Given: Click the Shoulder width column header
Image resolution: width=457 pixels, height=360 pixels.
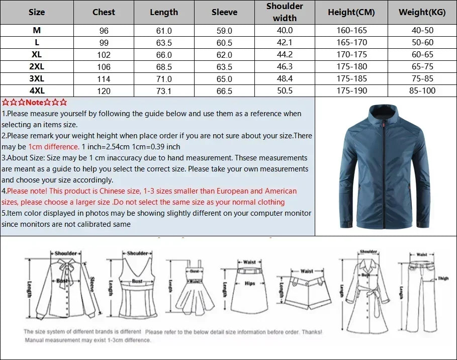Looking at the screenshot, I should pyautogui.click(x=285, y=12).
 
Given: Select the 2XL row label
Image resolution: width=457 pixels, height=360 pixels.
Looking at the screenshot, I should pyautogui.click(x=37, y=66).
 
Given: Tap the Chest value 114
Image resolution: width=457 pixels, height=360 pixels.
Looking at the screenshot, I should pyautogui.click(x=104, y=79).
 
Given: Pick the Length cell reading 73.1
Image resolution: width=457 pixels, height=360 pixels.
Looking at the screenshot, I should pyautogui.click(x=164, y=91).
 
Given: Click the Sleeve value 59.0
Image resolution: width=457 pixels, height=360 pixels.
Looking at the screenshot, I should pyautogui.click(x=224, y=31).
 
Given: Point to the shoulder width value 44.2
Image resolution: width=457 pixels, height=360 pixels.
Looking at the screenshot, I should pyautogui.click(x=285, y=55).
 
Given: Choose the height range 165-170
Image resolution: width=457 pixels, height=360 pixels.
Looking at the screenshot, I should pyautogui.click(x=351, y=43).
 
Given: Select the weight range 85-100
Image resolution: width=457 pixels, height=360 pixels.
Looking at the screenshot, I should pyautogui.click(x=422, y=91).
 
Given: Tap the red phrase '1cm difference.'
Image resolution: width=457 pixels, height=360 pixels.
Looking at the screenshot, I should pyautogui.click(x=54, y=147).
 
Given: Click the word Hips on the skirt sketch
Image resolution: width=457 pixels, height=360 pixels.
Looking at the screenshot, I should pyautogui.click(x=250, y=284).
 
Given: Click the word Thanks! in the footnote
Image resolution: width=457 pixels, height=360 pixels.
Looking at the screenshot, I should pyautogui.click(x=312, y=332).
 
